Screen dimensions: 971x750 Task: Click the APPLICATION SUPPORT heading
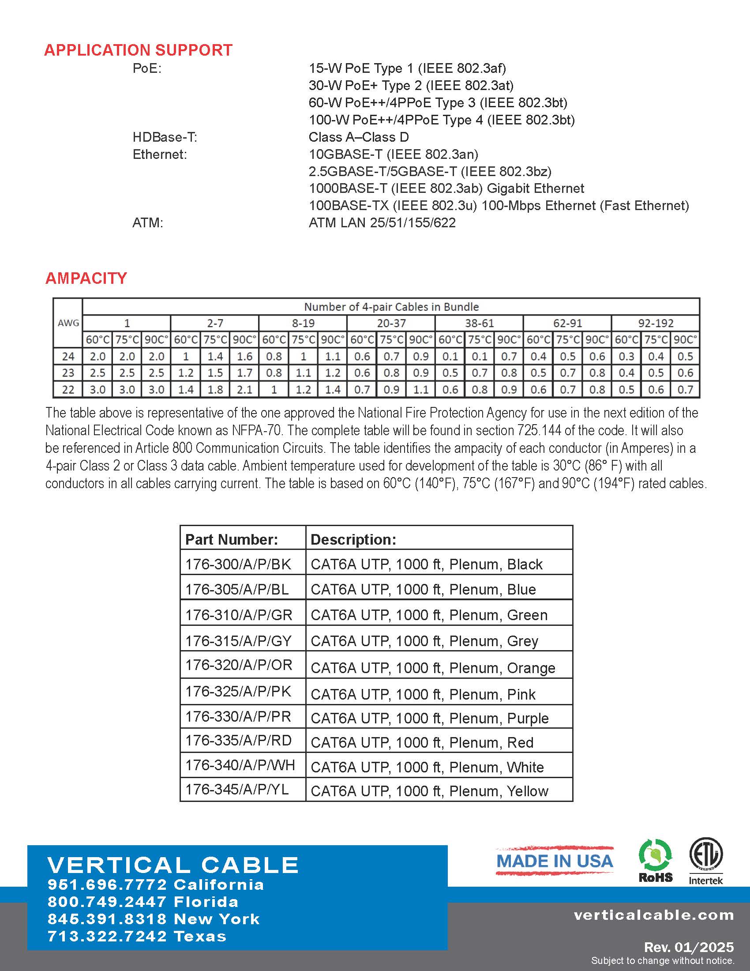click(x=138, y=50)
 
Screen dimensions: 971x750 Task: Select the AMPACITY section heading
click(x=86, y=279)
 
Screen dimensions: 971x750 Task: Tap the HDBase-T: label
click(x=165, y=137)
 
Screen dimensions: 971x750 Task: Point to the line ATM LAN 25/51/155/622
click(x=382, y=222)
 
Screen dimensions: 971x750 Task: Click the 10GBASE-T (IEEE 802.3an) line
click(x=393, y=154)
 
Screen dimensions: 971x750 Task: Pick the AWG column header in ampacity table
click(x=68, y=323)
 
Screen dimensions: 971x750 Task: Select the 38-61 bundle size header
click(x=479, y=323)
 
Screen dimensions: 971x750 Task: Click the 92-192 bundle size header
click(x=655, y=323)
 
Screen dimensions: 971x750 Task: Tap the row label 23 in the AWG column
click(x=68, y=373)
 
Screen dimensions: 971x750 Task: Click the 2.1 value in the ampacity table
click(x=244, y=390)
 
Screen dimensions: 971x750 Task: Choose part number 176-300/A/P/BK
click(x=238, y=564)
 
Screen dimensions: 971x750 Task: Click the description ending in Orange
click(x=433, y=668)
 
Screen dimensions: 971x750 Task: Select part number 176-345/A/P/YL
click(x=237, y=790)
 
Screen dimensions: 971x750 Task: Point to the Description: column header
click(x=353, y=539)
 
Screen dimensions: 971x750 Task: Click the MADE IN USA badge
click(x=555, y=861)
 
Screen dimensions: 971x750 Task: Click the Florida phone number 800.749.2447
click(x=142, y=902)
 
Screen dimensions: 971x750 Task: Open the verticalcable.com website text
click(x=653, y=915)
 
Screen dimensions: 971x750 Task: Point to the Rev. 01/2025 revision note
click(x=689, y=947)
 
